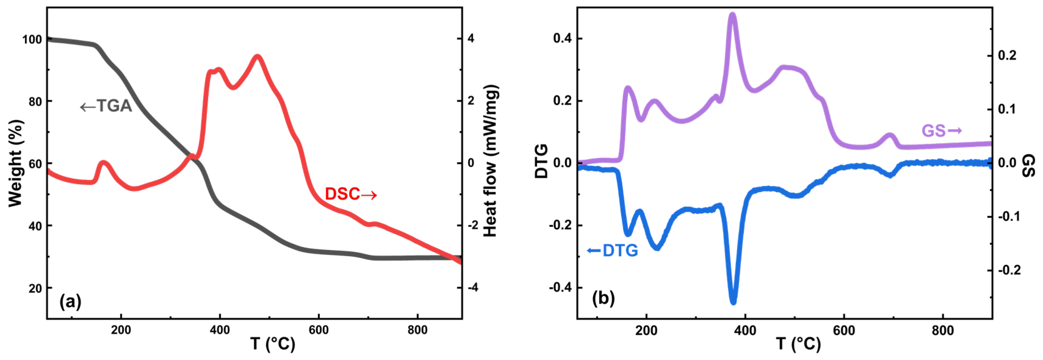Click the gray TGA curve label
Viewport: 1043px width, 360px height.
[106, 106]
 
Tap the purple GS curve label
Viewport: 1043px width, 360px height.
[941, 131]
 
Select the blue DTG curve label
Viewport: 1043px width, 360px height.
[613, 251]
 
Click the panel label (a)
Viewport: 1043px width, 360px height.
[71, 302]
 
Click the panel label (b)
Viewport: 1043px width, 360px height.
[603, 298]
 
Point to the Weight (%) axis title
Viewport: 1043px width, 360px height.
[15, 163]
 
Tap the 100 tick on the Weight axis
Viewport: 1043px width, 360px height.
[32, 39]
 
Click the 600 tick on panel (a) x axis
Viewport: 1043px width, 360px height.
[319, 330]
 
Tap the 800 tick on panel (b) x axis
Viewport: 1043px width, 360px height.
[943, 330]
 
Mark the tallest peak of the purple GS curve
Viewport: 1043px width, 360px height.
[732, 15]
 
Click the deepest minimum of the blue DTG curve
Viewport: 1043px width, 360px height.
[733, 302]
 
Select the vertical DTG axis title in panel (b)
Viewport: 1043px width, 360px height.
[541, 161]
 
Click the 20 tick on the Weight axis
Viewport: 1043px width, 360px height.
[35, 288]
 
